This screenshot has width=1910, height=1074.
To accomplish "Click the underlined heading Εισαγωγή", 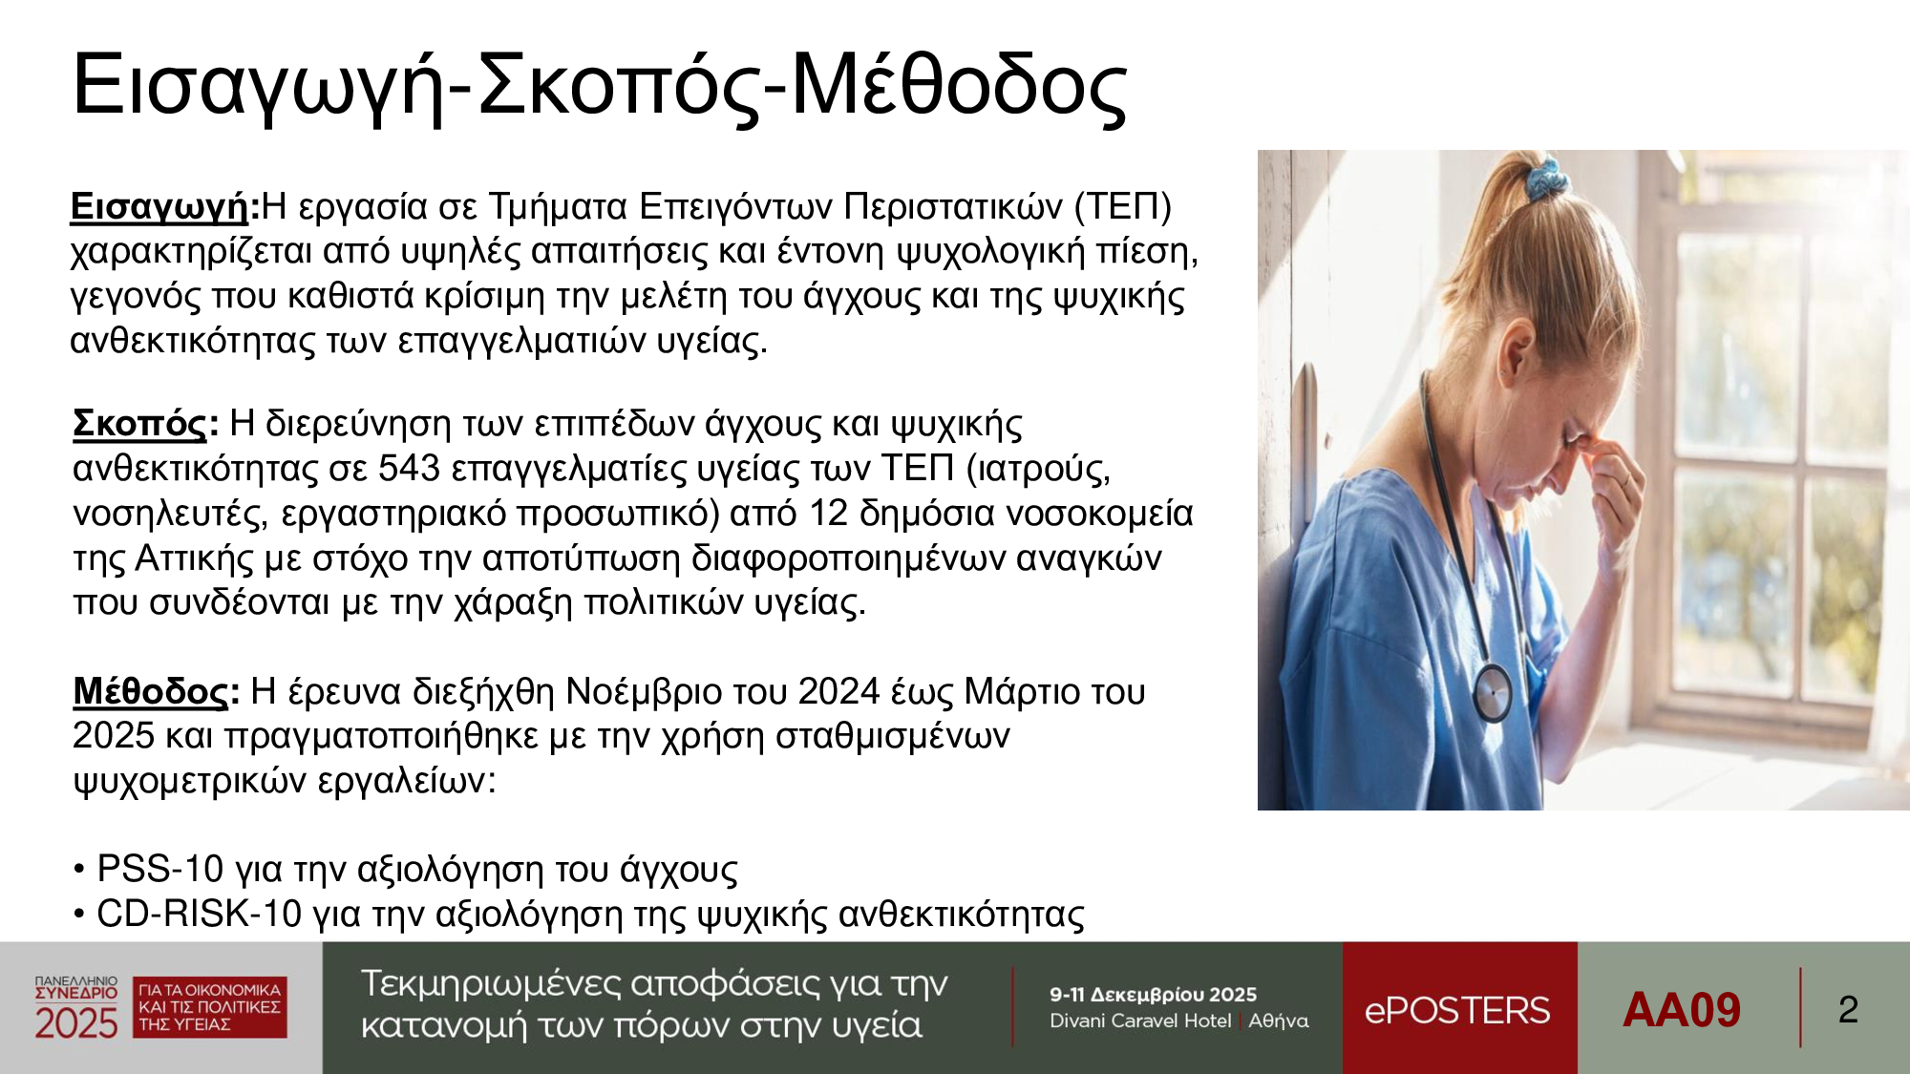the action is pyautogui.click(x=159, y=206).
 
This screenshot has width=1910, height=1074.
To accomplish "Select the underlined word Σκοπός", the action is pyautogui.click(x=139, y=423).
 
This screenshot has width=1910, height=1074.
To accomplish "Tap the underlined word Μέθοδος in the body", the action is pyautogui.click(x=151, y=691).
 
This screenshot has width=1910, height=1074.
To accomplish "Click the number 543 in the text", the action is pyautogui.click(x=409, y=468).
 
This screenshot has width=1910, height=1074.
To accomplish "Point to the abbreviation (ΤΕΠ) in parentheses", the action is pyautogui.click(x=1123, y=206).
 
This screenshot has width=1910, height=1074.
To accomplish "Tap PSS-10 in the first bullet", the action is pyautogui.click(x=160, y=869).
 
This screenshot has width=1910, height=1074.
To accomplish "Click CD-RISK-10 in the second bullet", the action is pyautogui.click(x=200, y=914).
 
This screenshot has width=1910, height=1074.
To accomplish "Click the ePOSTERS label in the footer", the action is pyautogui.click(x=1457, y=1010).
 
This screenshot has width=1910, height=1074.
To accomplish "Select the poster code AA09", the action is pyautogui.click(x=1682, y=1010).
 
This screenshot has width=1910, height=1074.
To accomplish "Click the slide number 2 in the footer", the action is pyautogui.click(x=1848, y=1010).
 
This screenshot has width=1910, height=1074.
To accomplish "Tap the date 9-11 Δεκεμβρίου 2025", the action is pyautogui.click(x=1153, y=995).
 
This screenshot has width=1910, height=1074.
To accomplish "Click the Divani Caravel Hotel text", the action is pyautogui.click(x=1140, y=1021).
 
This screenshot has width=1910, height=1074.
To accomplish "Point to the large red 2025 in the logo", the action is pyautogui.click(x=76, y=1022).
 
